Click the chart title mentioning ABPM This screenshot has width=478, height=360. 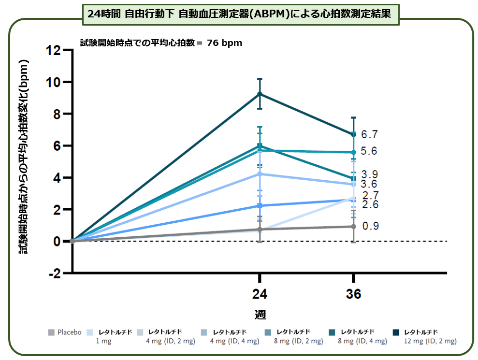[239, 14]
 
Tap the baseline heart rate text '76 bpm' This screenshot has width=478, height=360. [224, 43]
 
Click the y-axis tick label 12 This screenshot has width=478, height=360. [54, 50]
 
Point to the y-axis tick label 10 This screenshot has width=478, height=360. [54, 82]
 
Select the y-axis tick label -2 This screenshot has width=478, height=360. [55, 273]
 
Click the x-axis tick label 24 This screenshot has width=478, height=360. [260, 294]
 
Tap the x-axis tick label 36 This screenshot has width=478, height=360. [354, 294]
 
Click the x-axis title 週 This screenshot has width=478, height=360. [260, 314]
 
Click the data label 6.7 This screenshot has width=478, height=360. [370, 134]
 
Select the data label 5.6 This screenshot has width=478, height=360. [370, 151]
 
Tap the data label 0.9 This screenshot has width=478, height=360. [370, 226]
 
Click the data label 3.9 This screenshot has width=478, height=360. [370, 174]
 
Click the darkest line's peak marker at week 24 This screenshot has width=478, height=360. [260, 94]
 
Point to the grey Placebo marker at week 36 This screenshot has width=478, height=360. [354, 227]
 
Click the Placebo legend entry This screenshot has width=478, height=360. [65, 332]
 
